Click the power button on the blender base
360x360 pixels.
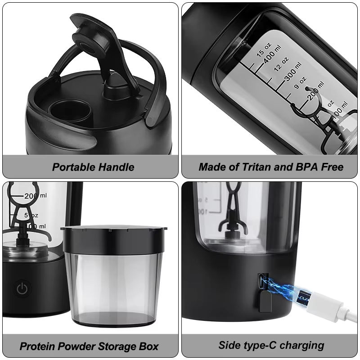point(22,288)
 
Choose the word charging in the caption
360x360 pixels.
point(302,346)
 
